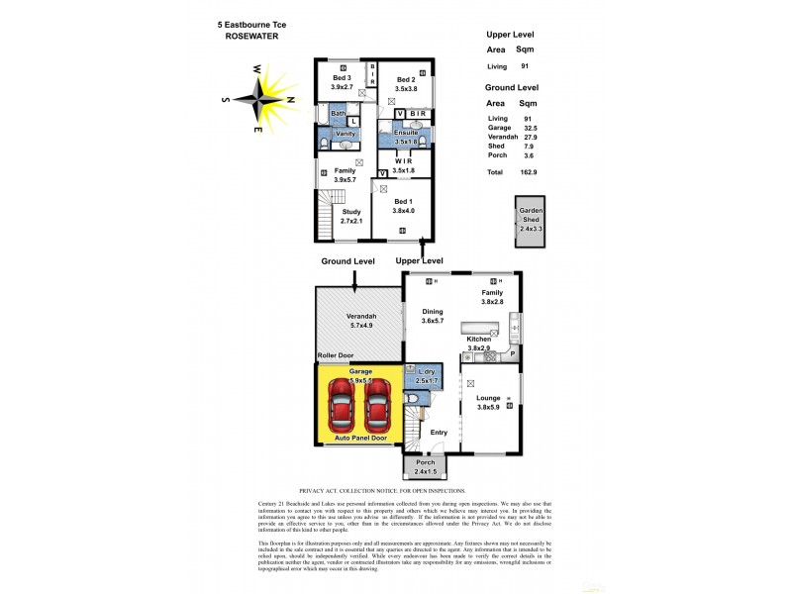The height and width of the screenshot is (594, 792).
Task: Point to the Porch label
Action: click(x=425, y=462)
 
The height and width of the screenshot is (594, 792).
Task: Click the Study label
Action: click(x=351, y=211)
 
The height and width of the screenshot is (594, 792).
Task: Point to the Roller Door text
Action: click(x=336, y=355)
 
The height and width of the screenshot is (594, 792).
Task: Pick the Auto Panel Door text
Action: click(x=360, y=438)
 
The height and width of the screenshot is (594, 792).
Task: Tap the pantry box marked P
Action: click(x=514, y=353)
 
